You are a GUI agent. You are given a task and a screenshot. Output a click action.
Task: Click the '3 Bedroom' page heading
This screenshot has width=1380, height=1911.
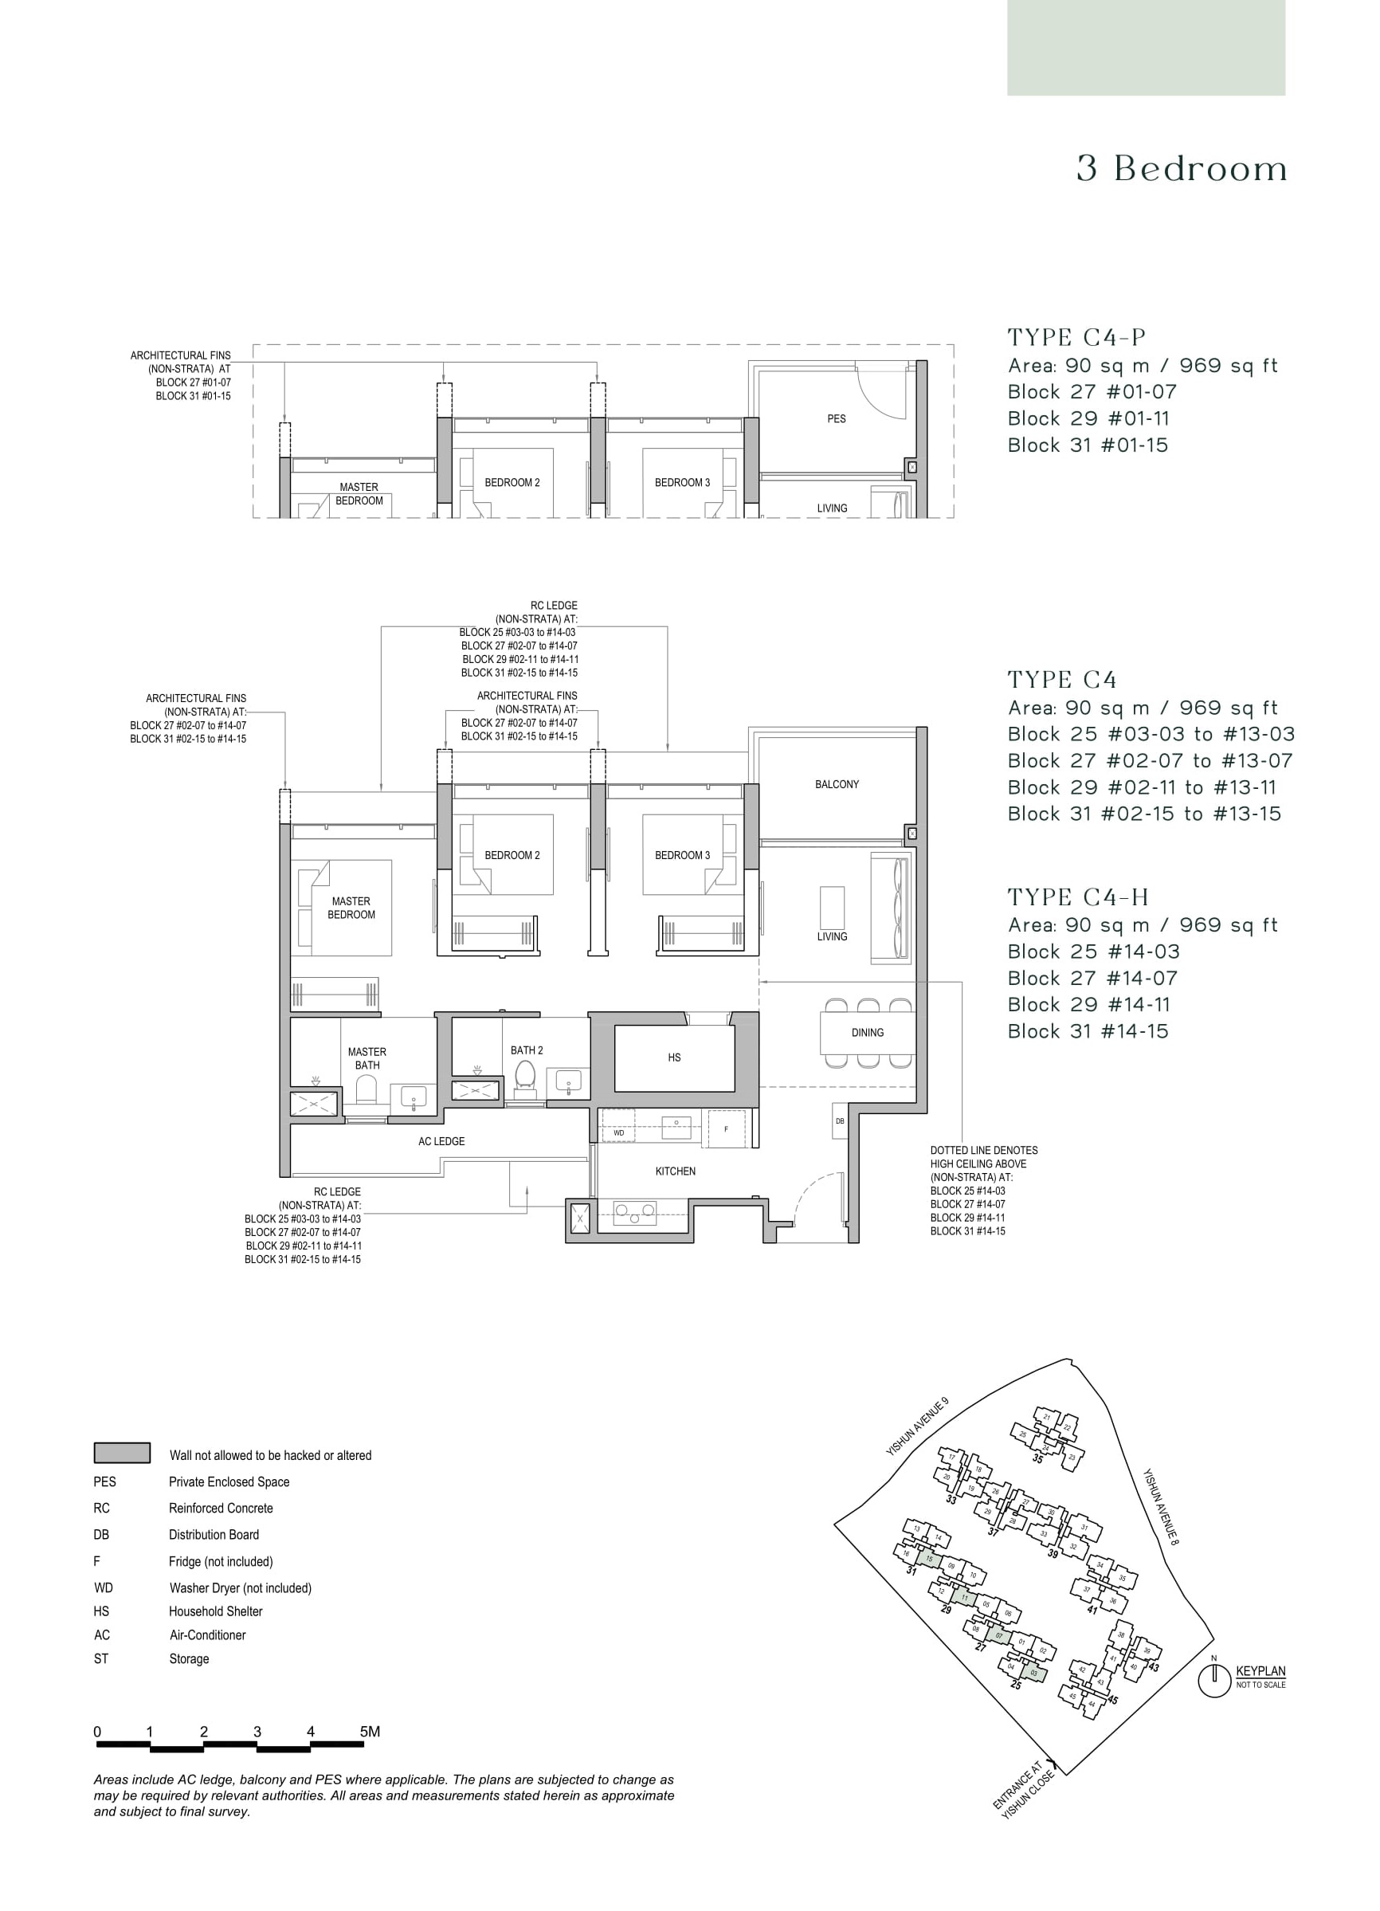(1181, 170)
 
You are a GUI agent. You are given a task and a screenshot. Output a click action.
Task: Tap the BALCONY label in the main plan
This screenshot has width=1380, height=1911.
(837, 784)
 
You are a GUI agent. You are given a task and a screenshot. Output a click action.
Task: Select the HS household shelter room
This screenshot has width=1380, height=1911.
(674, 1058)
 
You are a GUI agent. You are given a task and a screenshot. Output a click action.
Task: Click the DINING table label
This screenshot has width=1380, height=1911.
(867, 1032)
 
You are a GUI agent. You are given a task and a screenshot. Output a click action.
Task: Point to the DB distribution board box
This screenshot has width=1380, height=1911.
(840, 1121)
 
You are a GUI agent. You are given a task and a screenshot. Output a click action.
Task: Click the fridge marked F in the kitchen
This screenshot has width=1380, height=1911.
(726, 1129)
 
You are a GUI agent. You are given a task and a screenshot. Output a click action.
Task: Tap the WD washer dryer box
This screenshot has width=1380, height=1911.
(619, 1133)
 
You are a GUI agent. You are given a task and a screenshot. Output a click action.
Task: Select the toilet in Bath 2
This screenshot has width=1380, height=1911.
(526, 1077)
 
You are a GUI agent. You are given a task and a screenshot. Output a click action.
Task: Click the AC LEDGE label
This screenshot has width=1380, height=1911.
(441, 1142)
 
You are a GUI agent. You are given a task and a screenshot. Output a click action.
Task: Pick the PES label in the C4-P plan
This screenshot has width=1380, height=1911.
(836, 418)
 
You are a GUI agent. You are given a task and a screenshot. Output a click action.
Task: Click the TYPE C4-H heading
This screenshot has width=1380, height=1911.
(1078, 897)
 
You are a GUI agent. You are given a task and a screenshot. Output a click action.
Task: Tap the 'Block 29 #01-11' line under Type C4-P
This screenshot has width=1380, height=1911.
(1088, 418)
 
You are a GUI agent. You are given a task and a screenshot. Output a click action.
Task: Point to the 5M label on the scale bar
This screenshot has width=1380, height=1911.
(370, 1732)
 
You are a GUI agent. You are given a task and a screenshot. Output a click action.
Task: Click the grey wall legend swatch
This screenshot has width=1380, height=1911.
(122, 1453)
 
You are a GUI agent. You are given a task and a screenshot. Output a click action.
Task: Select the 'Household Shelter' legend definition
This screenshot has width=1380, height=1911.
(216, 1611)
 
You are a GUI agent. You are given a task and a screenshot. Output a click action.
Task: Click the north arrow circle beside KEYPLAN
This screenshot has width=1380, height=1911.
(1214, 1681)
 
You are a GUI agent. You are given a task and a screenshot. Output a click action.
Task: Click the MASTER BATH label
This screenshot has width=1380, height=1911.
(367, 1058)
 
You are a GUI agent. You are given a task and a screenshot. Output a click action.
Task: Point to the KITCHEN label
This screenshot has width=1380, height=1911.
(676, 1171)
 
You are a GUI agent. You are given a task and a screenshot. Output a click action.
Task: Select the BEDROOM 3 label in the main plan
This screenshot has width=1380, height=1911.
(682, 855)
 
